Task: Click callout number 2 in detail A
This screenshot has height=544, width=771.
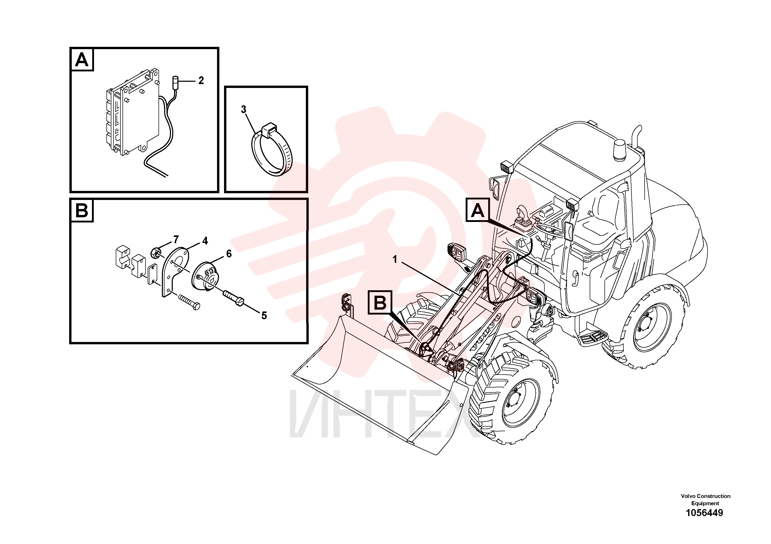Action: [201, 80]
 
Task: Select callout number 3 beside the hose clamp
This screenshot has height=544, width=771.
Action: [243, 109]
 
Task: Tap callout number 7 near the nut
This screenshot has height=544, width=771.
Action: [176, 240]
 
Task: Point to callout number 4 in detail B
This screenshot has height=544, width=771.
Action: [205, 241]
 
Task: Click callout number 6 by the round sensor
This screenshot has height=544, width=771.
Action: [229, 254]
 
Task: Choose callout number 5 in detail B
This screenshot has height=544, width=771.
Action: [264, 316]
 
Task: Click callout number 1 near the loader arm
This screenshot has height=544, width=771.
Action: [395, 259]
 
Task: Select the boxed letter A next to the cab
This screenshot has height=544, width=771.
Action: [478, 210]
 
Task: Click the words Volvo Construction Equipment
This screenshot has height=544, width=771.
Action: [705, 500]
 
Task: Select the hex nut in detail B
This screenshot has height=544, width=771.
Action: [155, 252]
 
